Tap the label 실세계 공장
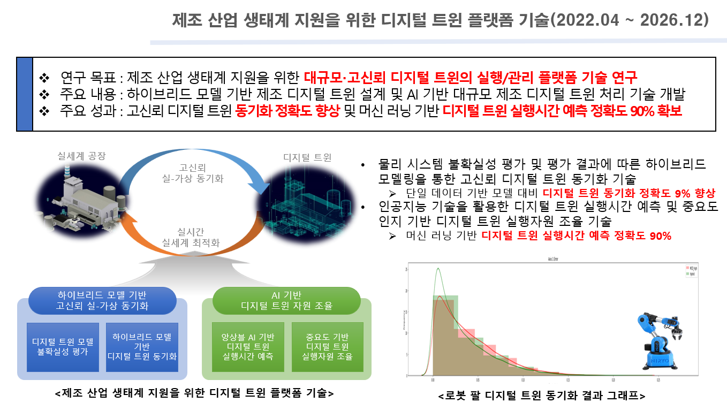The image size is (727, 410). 81,156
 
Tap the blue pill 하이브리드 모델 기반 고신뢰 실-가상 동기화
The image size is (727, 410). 102,300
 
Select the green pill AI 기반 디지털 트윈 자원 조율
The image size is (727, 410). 286,300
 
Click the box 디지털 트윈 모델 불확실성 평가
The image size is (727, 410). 63,347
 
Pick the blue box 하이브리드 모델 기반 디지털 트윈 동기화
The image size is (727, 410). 142,347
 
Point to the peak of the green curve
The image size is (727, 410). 438,269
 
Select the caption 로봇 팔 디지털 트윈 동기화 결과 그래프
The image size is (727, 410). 541,397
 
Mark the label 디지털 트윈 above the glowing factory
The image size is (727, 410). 307,157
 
